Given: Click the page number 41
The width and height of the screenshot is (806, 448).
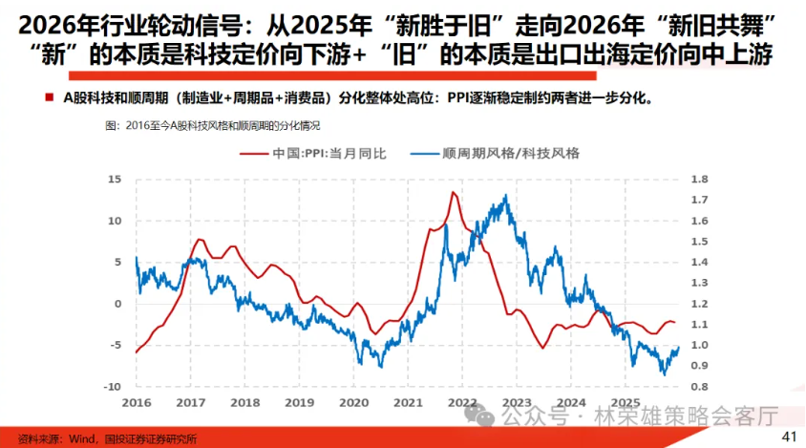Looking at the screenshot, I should [x=789, y=437].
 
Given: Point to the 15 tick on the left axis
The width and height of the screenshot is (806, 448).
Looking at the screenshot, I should [x=115, y=179].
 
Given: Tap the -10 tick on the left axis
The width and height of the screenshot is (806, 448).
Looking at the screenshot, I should [x=111, y=386].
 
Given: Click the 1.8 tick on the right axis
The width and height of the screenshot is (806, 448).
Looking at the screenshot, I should [x=699, y=179].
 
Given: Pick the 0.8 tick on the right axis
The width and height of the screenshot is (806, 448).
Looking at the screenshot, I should [x=699, y=386].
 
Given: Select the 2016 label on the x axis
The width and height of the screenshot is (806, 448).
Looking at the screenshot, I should [x=137, y=402].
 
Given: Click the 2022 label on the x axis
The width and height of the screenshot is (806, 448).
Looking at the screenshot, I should [x=463, y=402].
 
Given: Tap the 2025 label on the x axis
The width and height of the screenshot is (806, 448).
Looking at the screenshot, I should [x=626, y=402].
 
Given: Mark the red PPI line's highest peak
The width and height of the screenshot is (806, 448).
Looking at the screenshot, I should [x=452, y=193].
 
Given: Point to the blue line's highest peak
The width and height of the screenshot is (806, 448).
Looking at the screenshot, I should [x=505, y=196].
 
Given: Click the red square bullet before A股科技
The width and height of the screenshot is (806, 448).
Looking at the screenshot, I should [x=48, y=97].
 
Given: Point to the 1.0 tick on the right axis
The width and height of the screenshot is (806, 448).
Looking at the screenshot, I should [x=699, y=345].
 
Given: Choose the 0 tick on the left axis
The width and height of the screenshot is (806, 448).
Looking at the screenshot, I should [x=117, y=303].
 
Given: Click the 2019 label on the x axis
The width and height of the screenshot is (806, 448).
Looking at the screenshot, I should [x=300, y=402].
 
